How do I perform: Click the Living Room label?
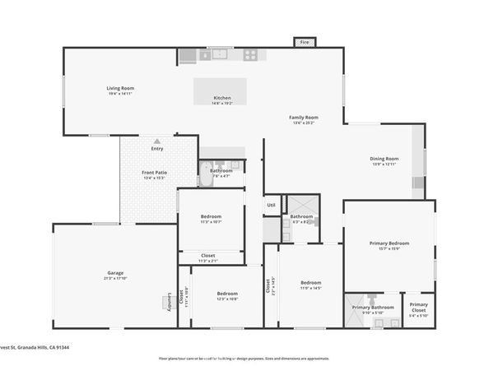click(120, 88)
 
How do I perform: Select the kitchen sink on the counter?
click(221, 55)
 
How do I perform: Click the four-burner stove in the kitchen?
click(249, 55)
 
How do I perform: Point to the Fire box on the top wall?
click(304, 42)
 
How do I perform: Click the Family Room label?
click(303, 118)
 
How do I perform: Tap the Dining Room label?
click(384, 159)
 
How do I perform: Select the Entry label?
click(156, 149)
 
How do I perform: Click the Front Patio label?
click(155, 172)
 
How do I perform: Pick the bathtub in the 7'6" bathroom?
click(206, 174)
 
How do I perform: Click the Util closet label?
click(270, 205)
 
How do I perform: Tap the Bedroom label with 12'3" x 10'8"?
click(227, 294)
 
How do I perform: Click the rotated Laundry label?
click(171, 301)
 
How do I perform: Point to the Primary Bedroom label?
click(389, 243)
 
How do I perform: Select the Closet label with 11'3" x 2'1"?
click(208, 256)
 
